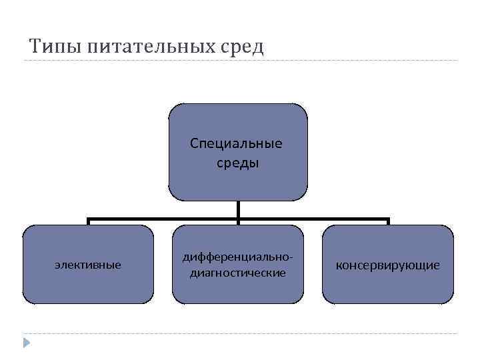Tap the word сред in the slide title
243,47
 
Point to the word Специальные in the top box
236,144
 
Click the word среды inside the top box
237,163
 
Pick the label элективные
87,265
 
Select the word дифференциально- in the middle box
238,257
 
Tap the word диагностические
238,273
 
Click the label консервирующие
387,265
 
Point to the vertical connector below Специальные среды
238,209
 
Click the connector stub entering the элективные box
88,221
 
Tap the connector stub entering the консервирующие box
387,221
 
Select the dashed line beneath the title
333,61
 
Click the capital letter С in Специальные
194,143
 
